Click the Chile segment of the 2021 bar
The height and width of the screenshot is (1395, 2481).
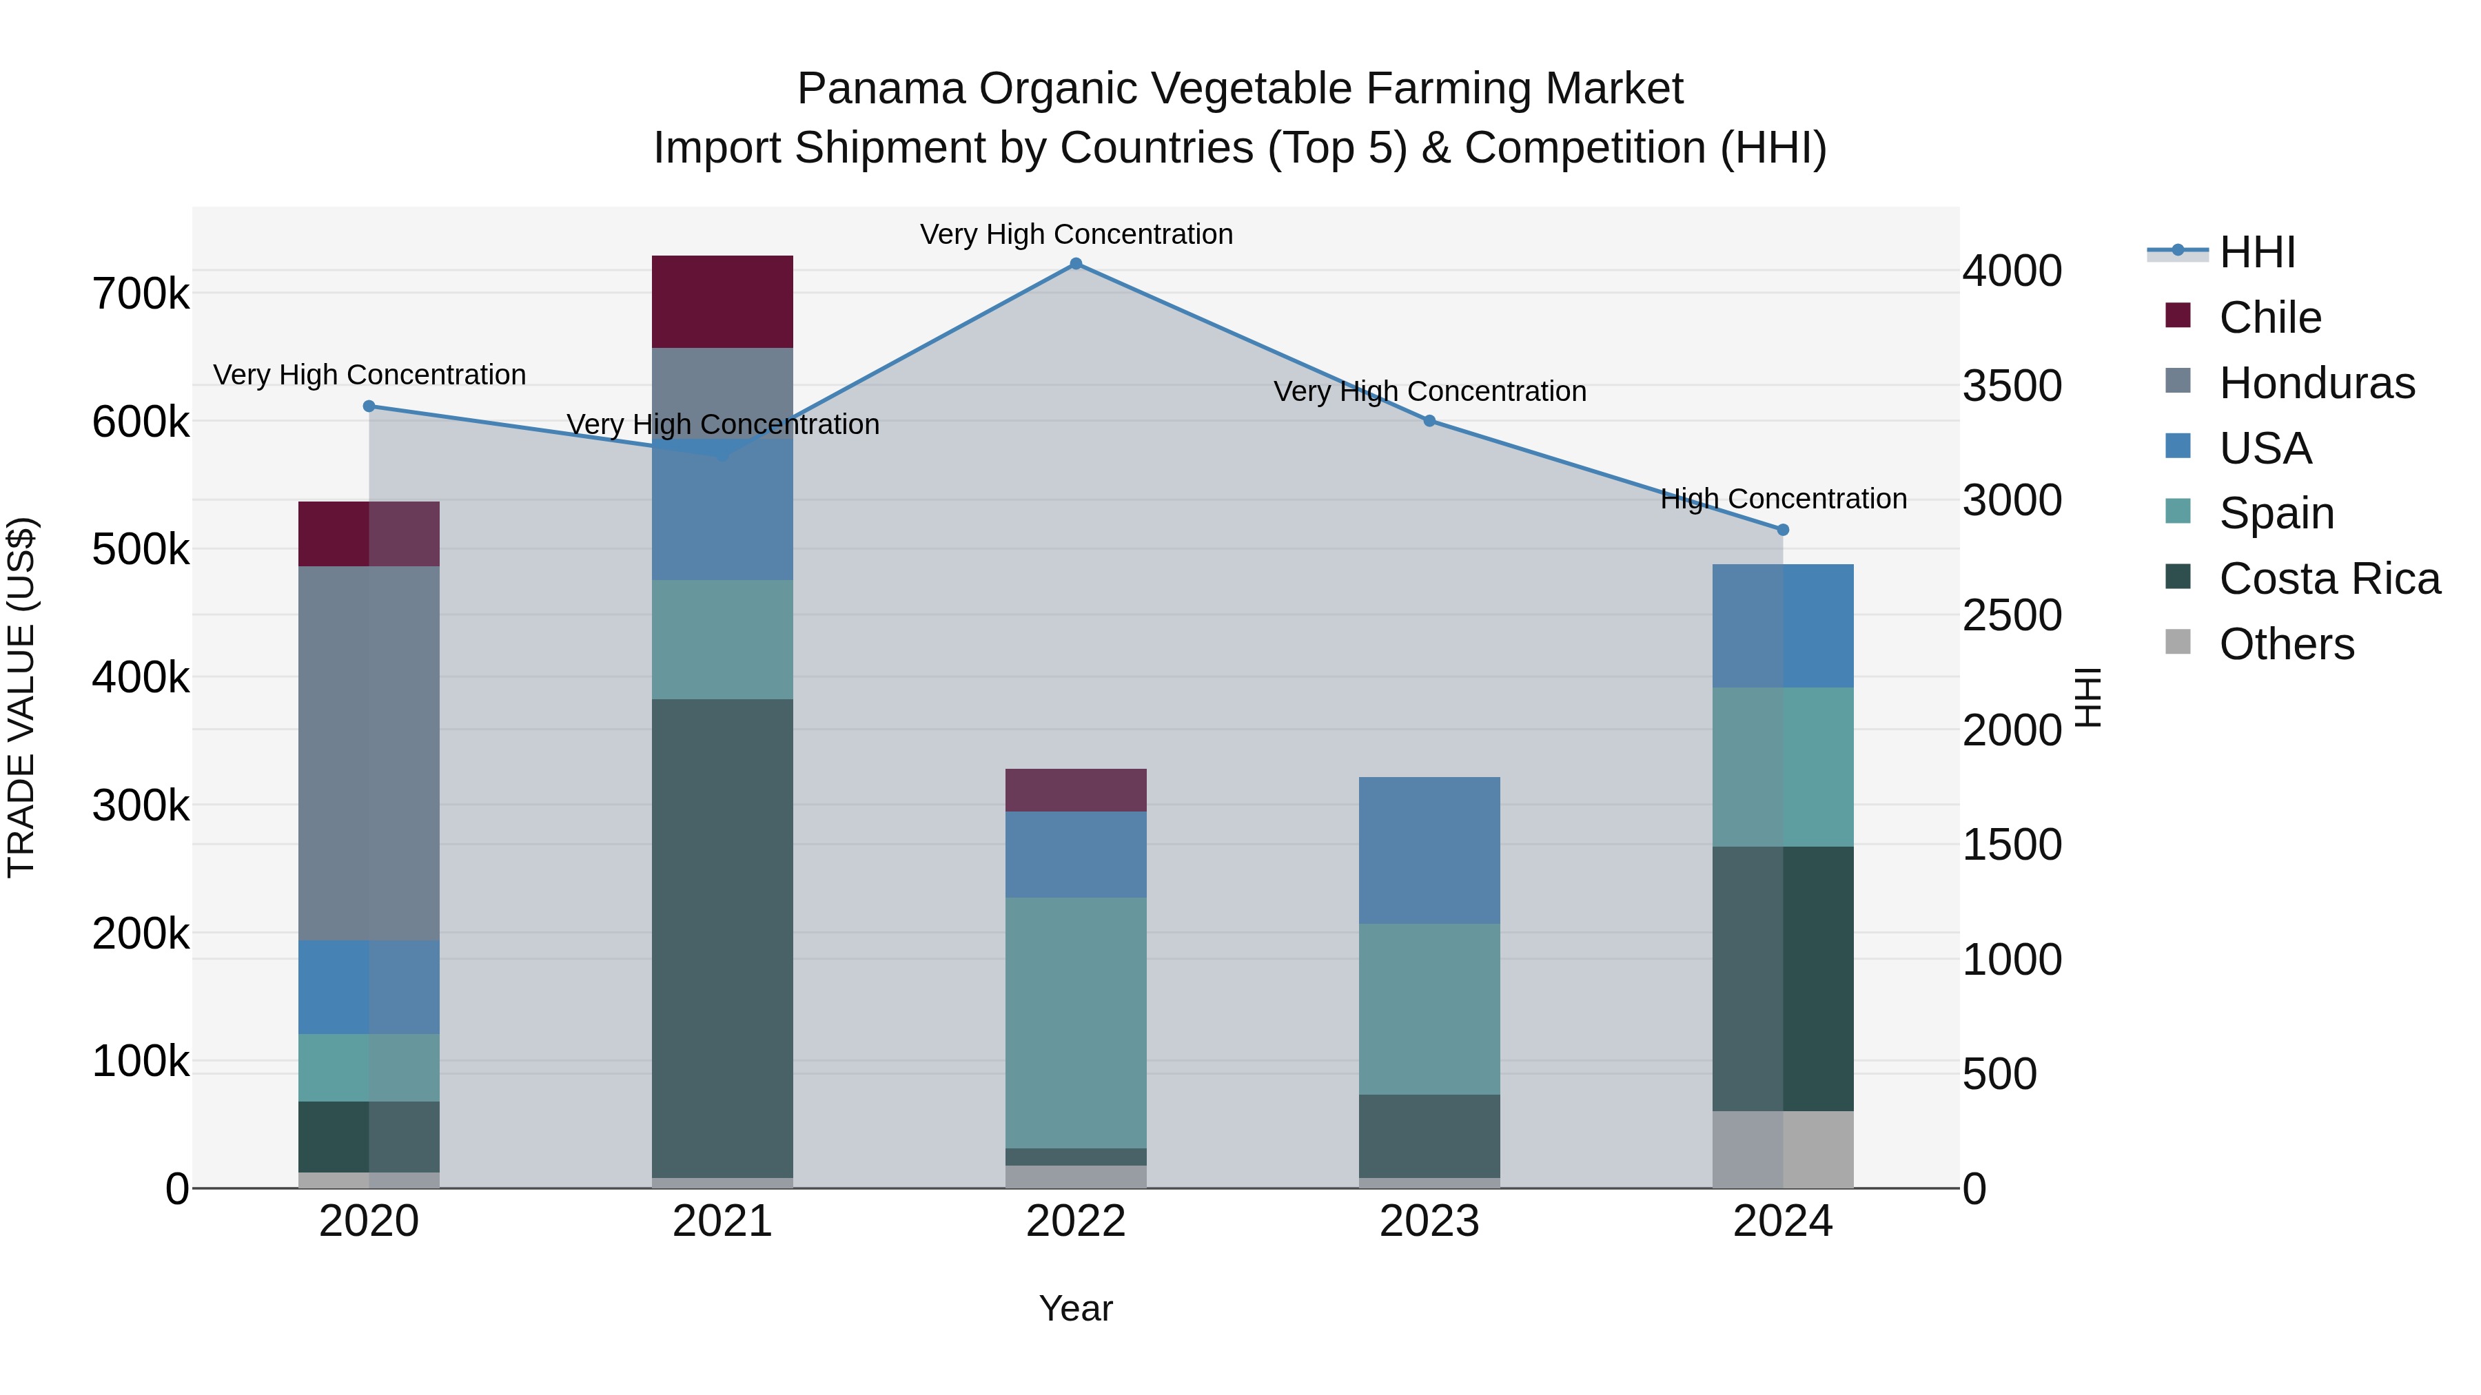(722, 301)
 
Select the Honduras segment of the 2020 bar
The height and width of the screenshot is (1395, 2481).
(369, 753)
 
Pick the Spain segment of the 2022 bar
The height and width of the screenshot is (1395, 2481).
(1076, 1022)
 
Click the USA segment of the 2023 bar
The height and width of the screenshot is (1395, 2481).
(1429, 850)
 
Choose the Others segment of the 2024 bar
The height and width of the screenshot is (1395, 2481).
(1783, 1150)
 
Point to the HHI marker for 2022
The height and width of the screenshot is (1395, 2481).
(1076, 264)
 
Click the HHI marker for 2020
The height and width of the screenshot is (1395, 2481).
(369, 406)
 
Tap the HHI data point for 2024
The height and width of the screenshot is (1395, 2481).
(1783, 530)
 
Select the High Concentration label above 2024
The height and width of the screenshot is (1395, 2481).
(1783, 499)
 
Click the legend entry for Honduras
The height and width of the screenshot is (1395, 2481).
(2316, 383)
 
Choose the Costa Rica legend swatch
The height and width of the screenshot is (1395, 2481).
(2178, 578)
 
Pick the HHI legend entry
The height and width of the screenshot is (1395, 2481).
(2256, 252)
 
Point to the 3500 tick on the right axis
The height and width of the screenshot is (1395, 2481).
(2012, 386)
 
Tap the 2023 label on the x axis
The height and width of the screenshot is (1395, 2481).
(1429, 1221)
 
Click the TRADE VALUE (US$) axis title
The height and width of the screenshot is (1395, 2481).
(22, 697)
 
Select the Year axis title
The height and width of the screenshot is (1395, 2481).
(1076, 1308)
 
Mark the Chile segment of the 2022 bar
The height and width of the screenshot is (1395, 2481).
(1076, 789)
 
